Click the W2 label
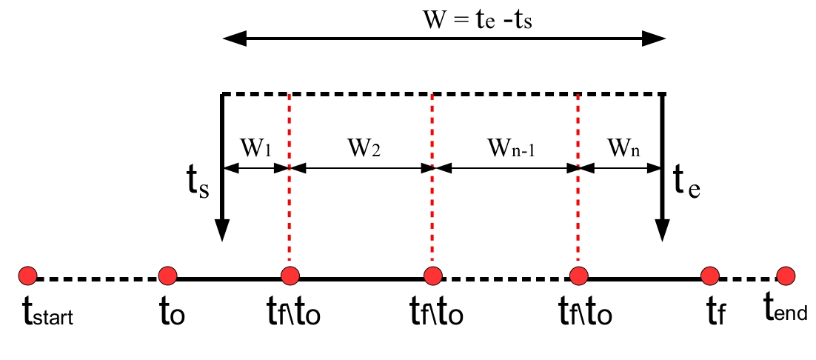point(364,148)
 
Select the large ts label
point(198,184)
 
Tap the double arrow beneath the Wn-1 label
point(505,168)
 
